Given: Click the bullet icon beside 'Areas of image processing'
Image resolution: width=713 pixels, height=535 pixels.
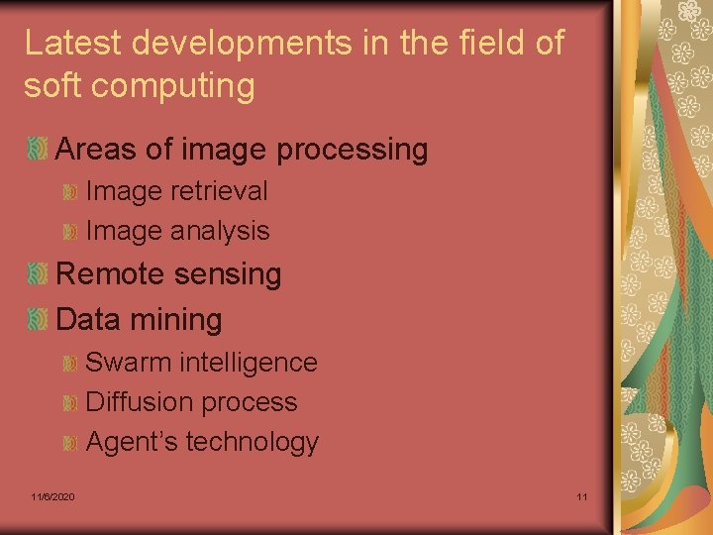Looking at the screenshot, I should [38, 151].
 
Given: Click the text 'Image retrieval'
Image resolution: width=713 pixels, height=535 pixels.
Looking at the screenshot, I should [176, 190].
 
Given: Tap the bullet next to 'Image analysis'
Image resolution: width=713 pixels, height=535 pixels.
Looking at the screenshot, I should [69, 231].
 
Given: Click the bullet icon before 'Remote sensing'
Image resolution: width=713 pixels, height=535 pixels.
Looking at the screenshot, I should [38, 274].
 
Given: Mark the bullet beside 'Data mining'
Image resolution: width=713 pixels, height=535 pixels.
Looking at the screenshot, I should [38, 319].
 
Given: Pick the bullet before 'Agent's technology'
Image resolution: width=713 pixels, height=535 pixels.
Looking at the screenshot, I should [69, 442].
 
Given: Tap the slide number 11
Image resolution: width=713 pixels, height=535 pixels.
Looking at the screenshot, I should [581, 495].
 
